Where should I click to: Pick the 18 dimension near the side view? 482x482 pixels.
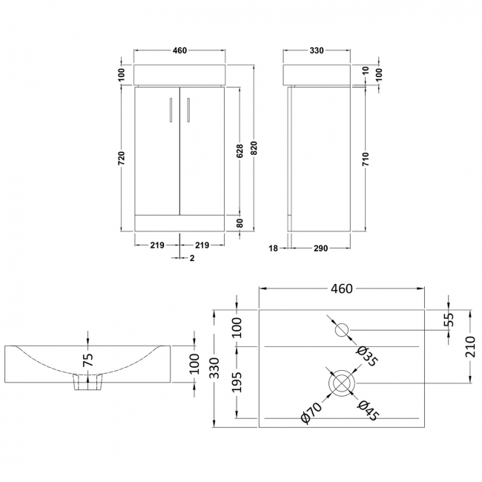(273, 248)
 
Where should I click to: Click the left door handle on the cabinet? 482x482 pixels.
(171, 109)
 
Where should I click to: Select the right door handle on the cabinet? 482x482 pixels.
(188, 109)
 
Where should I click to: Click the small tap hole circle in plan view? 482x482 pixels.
(343, 329)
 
